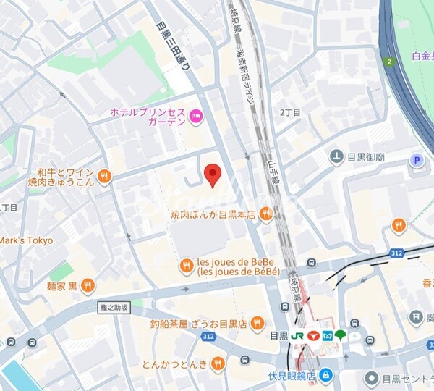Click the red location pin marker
pyautogui.click(x=212, y=175)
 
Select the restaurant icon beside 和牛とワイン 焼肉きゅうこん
pyautogui.click(x=105, y=176)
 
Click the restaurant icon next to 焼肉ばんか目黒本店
pyautogui.click(x=266, y=213)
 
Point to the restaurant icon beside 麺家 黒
pyautogui.click(x=88, y=285)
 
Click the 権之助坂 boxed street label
pyautogui.click(x=114, y=308)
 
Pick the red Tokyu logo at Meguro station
pyautogui.click(x=312, y=336)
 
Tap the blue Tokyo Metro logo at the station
pyautogui.click(x=326, y=336)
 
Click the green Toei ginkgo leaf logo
pyautogui.click(x=340, y=336)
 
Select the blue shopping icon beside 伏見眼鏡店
pyautogui.click(x=325, y=374)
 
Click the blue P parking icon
pyautogui.click(x=416, y=161)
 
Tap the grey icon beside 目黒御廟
pyautogui.click(x=336, y=156)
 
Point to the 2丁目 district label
pyautogui.click(x=289, y=112)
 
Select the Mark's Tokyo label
pyautogui.click(x=26, y=240)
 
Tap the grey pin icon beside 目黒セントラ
pyautogui.click(x=371, y=377)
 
